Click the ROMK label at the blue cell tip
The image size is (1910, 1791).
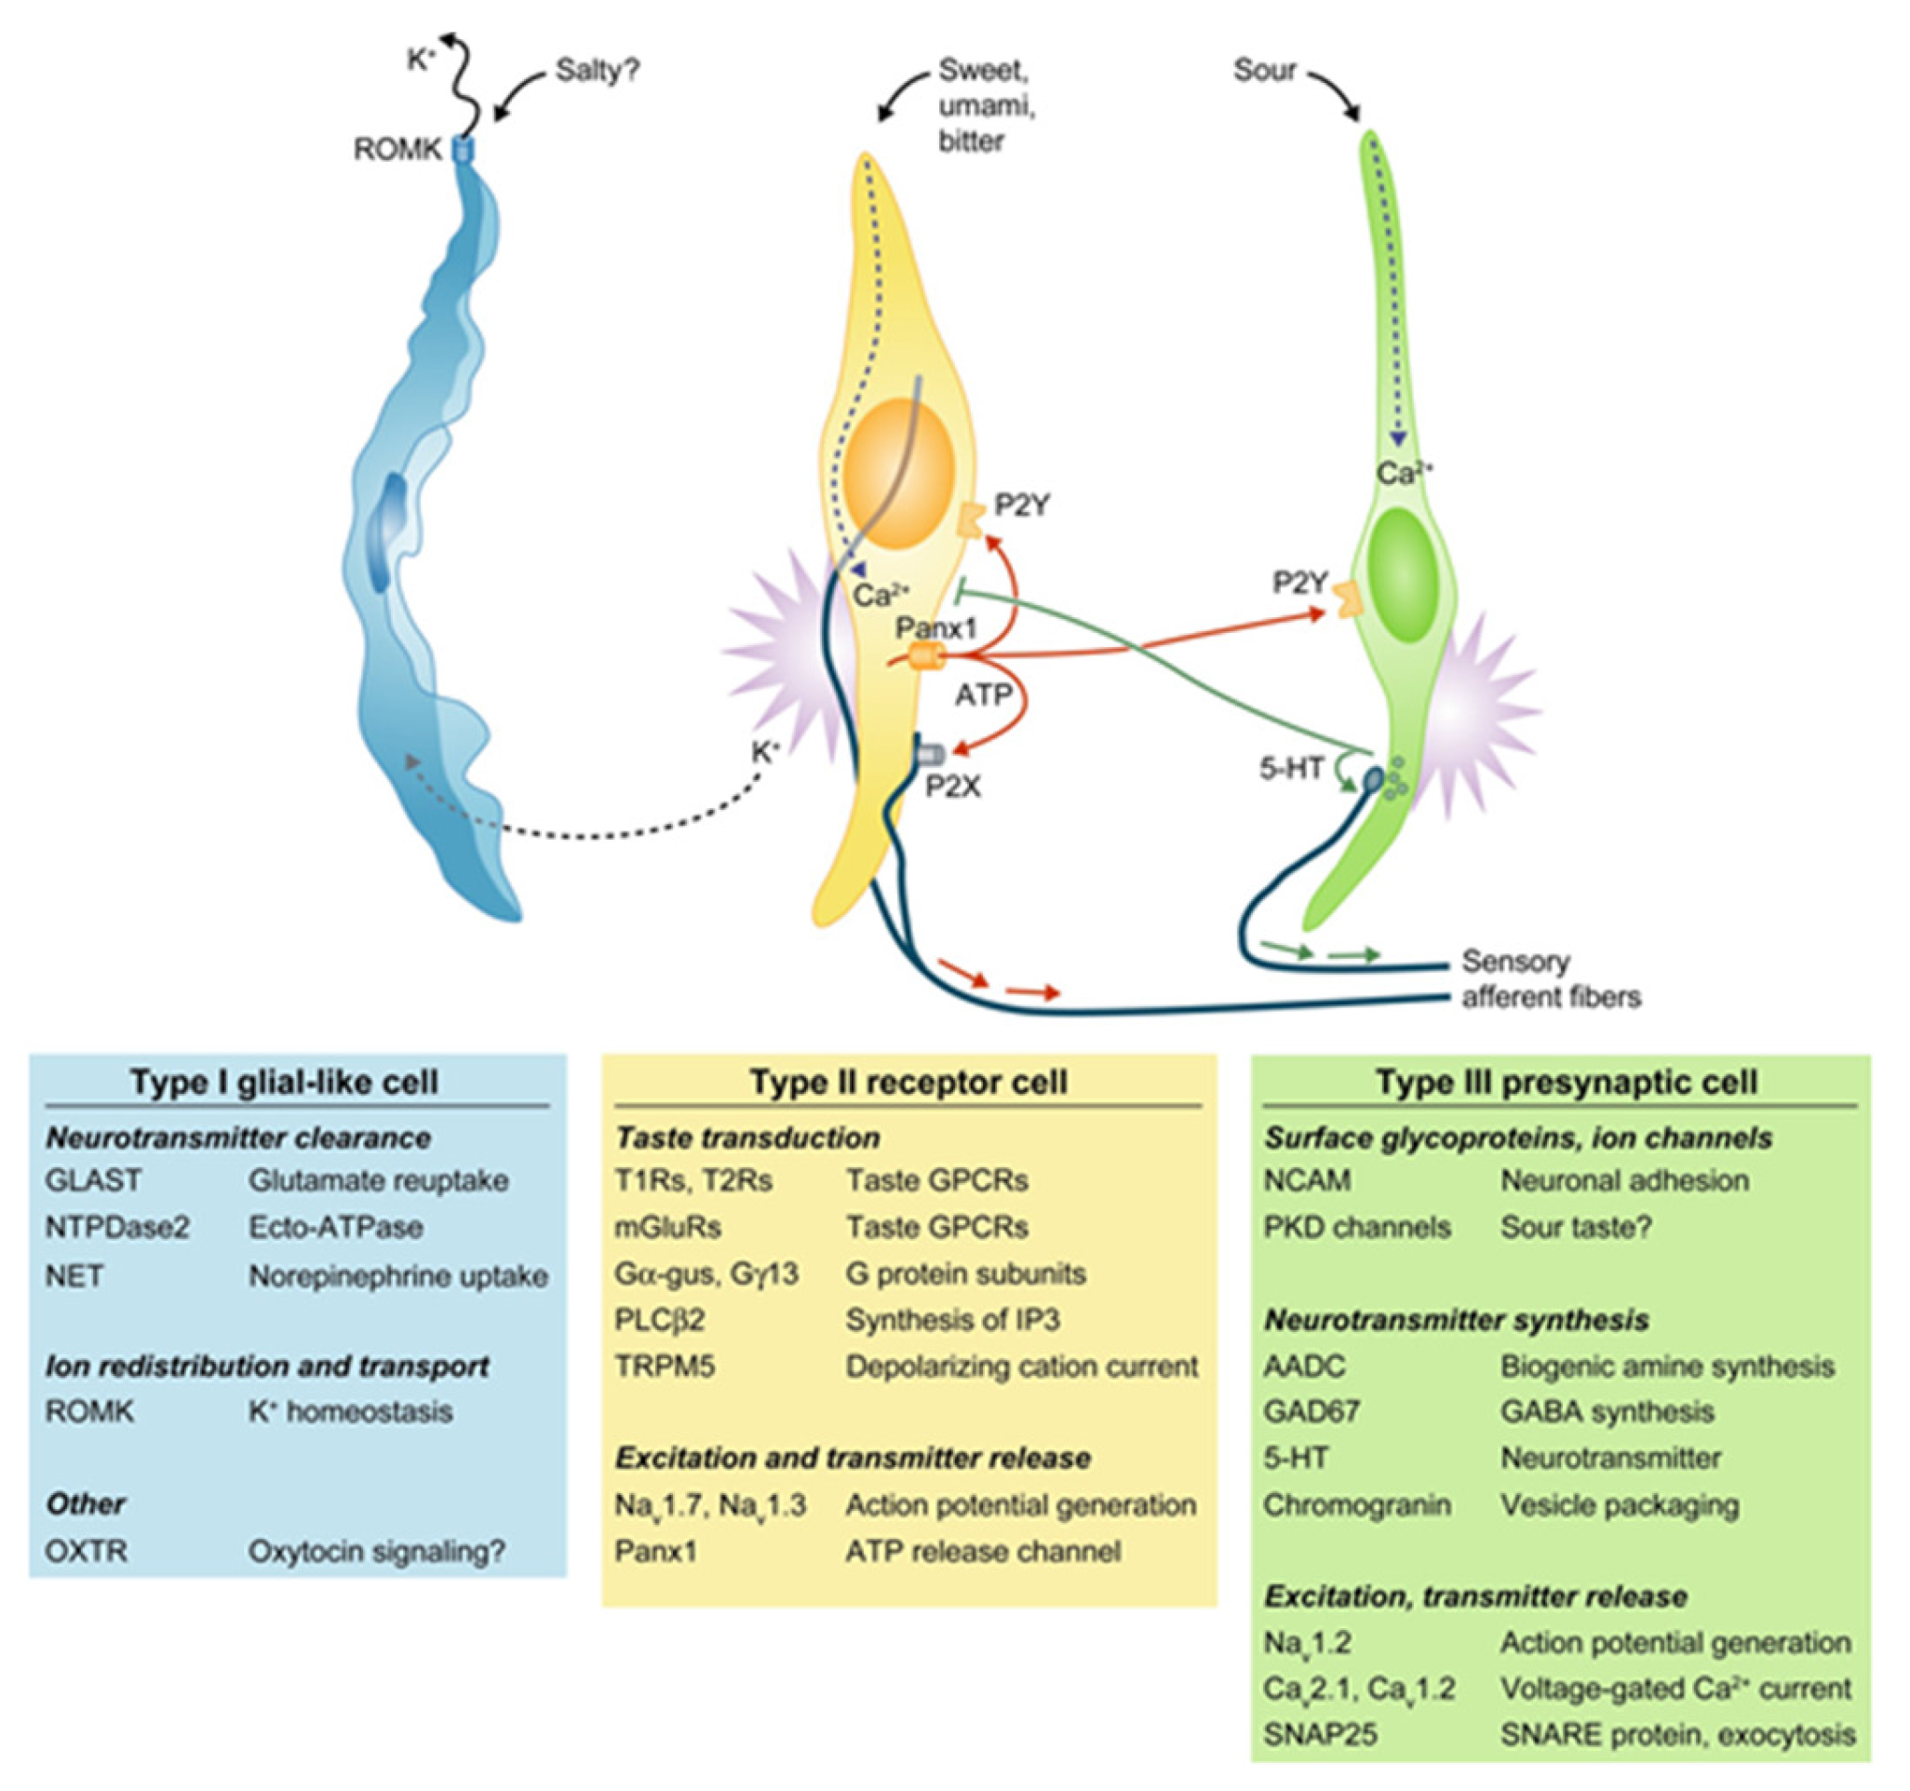click(397, 149)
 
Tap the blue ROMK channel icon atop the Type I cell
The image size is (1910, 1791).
click(464, 149)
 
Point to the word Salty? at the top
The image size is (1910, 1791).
click(598, 70)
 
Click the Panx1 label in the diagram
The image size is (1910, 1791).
click(936, 628)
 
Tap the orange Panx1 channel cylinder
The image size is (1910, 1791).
click(927, 657)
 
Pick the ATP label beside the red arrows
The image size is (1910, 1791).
click(982, 694)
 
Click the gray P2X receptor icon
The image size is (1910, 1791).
click(930, 755)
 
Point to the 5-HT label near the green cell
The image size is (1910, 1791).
click(1292, 768)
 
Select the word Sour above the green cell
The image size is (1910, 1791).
click(1264, 70)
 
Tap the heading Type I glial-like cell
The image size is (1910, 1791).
click(285, 1082)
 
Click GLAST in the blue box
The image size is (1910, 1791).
click(93, 1180)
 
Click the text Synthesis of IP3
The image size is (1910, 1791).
click(952, 1319)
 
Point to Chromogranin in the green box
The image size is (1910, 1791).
click(1355, 1504)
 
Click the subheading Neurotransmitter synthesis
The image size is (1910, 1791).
click(1456, 1320)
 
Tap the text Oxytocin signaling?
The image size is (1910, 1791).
click(376, 1551)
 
